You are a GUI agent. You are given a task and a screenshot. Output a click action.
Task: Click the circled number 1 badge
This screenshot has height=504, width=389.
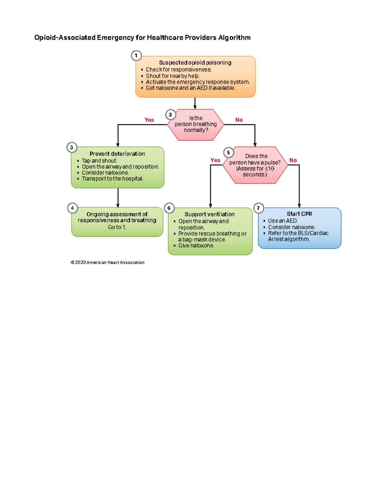coord(136,55)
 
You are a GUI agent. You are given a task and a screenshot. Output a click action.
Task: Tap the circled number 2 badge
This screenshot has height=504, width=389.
coord(171,115)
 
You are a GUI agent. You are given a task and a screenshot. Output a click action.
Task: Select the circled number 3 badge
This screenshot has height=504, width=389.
coord(72,147)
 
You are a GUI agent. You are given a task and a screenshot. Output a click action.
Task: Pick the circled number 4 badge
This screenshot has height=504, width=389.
coord(72,208)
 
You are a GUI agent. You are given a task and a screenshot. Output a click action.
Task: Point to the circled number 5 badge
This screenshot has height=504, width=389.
coord(229,153)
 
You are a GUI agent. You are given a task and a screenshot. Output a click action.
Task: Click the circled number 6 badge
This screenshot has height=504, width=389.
coord(169,208)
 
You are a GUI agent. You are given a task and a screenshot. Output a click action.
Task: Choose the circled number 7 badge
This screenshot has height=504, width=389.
coord(258,208)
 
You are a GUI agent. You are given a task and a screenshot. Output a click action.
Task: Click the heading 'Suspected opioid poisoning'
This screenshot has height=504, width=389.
coord(195,63)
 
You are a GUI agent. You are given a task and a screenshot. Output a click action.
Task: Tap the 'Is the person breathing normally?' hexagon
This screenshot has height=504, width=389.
coord(196,125)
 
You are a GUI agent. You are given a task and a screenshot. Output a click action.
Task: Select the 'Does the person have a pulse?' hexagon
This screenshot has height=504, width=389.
coord(255,165)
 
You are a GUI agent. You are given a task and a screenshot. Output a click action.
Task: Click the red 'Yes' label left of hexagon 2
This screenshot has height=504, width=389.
coord(149,120)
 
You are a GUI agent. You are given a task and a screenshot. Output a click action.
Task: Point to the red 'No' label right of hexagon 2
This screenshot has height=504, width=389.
coord(239,120)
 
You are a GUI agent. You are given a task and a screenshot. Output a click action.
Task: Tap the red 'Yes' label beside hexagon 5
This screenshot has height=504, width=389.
coord(215,160)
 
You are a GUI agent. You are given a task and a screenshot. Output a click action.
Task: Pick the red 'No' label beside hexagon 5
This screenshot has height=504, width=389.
coord(293,160)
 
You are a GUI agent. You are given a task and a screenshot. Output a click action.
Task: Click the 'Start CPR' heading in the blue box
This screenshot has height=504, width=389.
coord(299,214)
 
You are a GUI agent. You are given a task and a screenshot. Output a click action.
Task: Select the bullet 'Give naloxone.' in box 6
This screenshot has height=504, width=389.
coord(196,246)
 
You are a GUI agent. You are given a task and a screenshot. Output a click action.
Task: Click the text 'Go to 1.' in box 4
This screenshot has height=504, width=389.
coord(117,227)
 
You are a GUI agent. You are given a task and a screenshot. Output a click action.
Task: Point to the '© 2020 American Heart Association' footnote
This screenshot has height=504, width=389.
coord(108,262)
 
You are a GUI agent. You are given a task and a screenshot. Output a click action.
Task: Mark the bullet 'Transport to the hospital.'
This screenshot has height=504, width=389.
coord(112,179)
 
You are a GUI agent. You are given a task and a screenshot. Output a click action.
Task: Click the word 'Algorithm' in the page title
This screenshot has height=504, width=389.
coord(234,38)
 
